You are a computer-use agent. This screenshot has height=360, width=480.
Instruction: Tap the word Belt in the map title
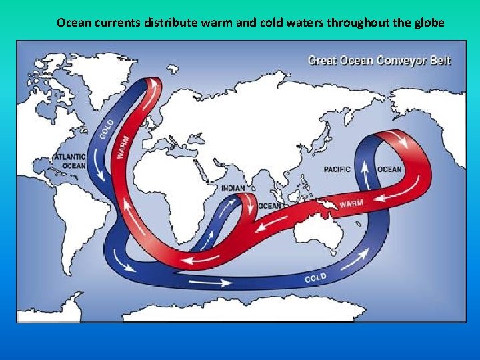tap(439, 61)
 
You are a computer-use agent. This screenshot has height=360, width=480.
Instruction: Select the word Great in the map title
tap(321, 61)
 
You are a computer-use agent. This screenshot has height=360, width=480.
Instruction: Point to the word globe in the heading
tap(430, 22)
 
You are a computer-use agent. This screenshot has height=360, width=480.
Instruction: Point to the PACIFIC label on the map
tap(337, 169)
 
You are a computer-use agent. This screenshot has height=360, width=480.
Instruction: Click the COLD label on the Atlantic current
tap(107, 129)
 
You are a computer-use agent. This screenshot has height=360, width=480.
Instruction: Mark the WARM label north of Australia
tap(351, 201)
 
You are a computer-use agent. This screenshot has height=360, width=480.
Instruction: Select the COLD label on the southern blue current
tap(315, 276)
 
